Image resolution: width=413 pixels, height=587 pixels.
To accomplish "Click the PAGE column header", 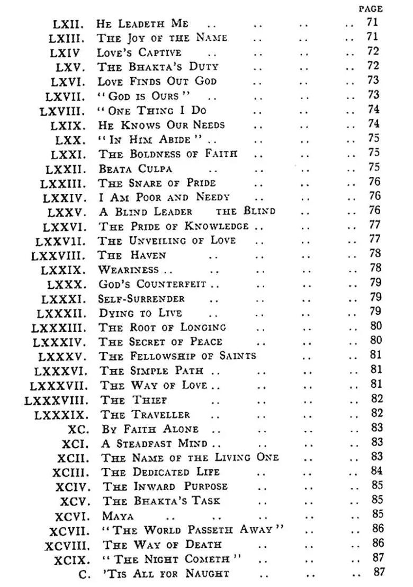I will pyautogui.click(x=370, y=9).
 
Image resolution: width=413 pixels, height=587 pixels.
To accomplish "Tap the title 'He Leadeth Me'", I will pyautogui.click(x=143, y=24).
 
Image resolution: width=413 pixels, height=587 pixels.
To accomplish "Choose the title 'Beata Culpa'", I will pyautogui.click(x=135, y=169).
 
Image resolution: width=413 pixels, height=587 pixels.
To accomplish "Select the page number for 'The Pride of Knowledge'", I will pyautogui.click(x=374, y=225).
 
